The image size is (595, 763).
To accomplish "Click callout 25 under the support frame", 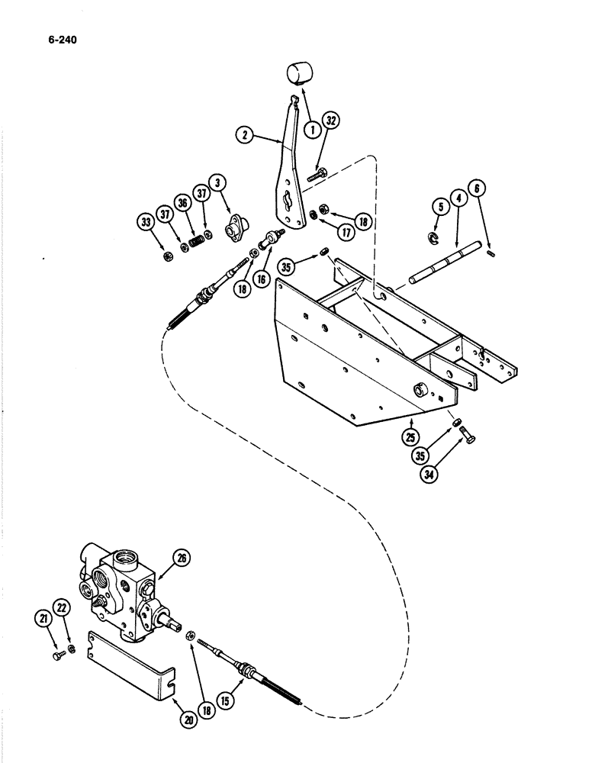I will click(411, 439).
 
